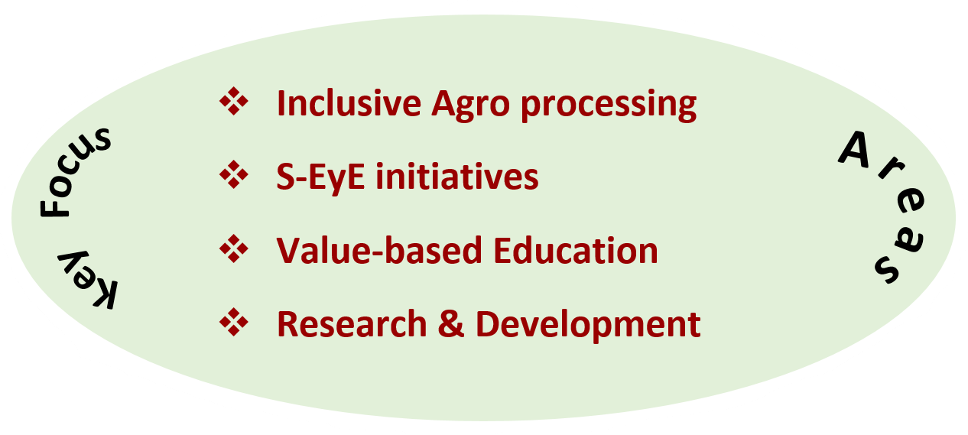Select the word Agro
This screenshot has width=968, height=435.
point(470,106)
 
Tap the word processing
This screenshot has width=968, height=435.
point(609,106)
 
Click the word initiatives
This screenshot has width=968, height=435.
point(457,177)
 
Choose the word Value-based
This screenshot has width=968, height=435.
point(379,250)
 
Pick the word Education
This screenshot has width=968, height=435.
point(576,250)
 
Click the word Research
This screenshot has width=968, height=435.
point(352,324)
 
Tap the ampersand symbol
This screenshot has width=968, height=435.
point(451,324)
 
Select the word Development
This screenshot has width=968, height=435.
point(588,326)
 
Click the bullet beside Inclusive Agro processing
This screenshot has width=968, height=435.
point(234,102)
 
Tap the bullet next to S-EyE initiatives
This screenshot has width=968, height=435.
point(234,175)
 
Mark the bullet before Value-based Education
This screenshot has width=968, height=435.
point(234,248)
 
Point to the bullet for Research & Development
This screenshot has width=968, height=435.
point(234,323)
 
